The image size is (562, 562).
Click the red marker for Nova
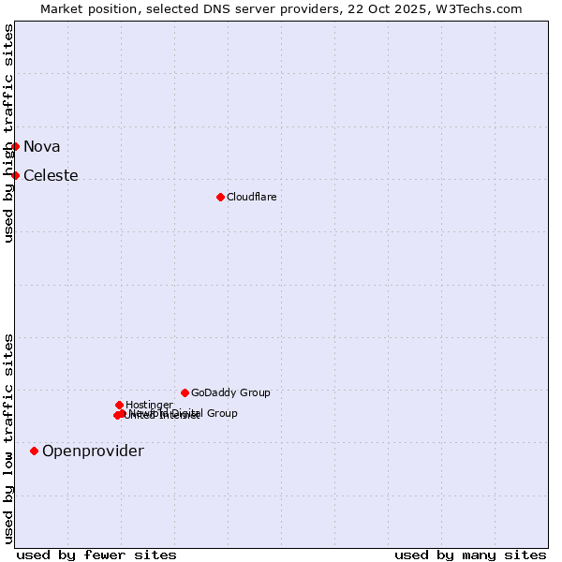pyautogui.click(x=15, y=146)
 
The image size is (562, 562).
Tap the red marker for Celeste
pyautogui.click(x=15, y=175)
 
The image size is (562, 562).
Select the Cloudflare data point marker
pyautogui.click(x=220, y=197)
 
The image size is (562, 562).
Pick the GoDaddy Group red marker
pyautogui.click(x=185, y=392)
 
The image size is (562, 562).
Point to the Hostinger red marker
pyautogui.click(x=119, y=405)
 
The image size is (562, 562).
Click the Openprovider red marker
pyautogui.click(x=34, y=451)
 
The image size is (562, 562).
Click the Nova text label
pyautogui.click(x=41, y=146)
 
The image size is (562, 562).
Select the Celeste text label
pyautogui.click(x=51, y=175)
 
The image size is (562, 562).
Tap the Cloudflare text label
pyautogui.click(x=251, y=197)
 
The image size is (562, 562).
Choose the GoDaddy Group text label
pyautogui.click(x=230, y=392)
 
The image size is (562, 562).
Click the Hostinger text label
pyautogui.click(x=149, y=405)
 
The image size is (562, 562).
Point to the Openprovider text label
pyautogui.click(x=93, y=451)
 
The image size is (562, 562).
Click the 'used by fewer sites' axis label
pyautogui.click(x=96, y=555)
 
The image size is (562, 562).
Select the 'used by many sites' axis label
pyautogui.click(x=470, y=555)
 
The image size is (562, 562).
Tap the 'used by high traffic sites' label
pyautogui.click(x=9, y=133)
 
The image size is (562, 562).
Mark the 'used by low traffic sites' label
pyautogui.click(x=9, y=437)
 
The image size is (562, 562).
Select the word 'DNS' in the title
pyautogui.click(x=201, y=8)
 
